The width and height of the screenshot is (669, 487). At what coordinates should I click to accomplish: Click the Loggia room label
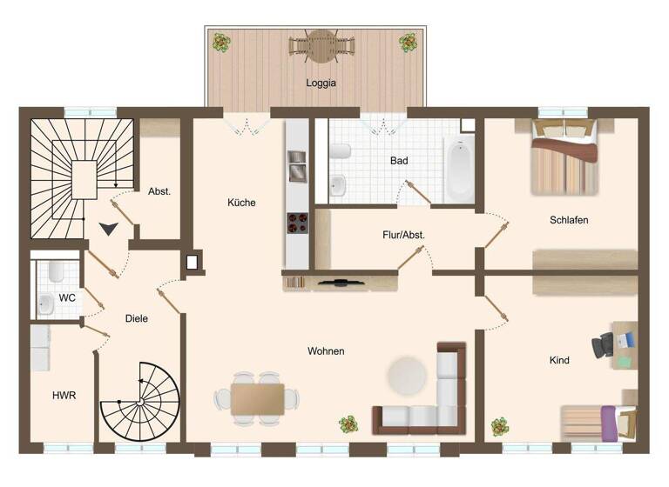[321, 83]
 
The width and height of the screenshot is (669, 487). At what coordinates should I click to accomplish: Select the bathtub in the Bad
[458, 168]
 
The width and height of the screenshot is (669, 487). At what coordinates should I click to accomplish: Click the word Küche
[241, 203]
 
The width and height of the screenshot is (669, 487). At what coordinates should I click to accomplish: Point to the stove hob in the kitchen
[297, 223]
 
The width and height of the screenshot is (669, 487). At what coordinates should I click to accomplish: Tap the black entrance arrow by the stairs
[109, 229]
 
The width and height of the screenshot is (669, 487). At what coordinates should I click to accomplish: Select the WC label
[67, 297]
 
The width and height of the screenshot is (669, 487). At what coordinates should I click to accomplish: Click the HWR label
[64, 395]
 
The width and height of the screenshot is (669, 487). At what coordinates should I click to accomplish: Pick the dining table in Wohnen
[257, 397]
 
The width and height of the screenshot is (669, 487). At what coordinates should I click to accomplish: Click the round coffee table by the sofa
[407, 375]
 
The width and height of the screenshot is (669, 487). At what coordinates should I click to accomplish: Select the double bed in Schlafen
[565, 157]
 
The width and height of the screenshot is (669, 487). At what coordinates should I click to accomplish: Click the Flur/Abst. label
[403, 235]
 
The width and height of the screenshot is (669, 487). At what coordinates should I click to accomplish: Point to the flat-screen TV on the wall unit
[341, 282]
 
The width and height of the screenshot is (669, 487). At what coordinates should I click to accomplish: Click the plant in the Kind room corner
[499, 427]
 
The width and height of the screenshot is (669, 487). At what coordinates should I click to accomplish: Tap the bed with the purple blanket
[598, 422]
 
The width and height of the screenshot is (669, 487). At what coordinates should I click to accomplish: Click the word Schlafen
[569, 220]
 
